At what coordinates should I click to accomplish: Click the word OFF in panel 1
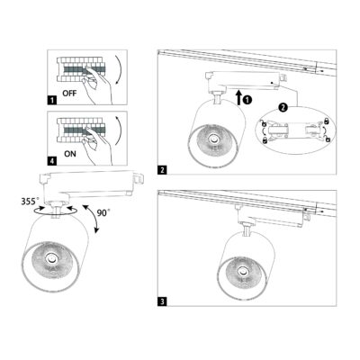click(69, 94)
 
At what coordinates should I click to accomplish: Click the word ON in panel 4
click(70, 154)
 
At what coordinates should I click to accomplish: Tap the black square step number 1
click(52, 100)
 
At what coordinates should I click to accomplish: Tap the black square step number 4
click(52, 161)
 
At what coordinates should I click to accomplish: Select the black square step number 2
click(162, 170)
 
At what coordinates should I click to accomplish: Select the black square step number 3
click(162, 301)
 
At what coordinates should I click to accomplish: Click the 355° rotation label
click(30, 202)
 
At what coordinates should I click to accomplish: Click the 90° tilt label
click(103, 213)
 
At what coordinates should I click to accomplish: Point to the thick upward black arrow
click(239, 97)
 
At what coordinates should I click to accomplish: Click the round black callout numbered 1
click(247, 100)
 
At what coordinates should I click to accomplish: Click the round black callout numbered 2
click(283, 107)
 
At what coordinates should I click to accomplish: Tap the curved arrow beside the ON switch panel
click(119, 131)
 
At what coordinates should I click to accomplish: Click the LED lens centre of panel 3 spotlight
click(241, 272)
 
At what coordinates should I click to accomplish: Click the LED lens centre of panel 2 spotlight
click(214, 139)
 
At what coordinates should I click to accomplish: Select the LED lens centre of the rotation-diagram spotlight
click(50, 258)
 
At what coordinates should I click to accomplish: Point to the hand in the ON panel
click(96, 146)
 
